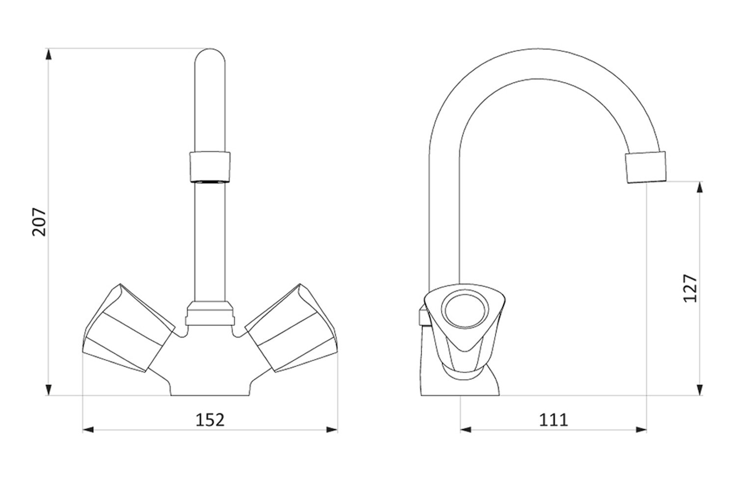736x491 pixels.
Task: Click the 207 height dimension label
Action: [x=39, y=221]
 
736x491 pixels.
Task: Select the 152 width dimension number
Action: [x=210, y=420]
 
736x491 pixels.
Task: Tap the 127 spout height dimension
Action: [x=690, y=288]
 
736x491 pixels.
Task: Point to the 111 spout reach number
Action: [x=553, y=420]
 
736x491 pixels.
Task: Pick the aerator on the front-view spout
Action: [x=210, y=167]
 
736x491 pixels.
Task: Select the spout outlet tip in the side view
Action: [x=646, y=167]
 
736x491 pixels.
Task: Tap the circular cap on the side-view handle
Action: [x=465, y=311]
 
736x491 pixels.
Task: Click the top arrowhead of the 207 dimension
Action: [x=49, y=54]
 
